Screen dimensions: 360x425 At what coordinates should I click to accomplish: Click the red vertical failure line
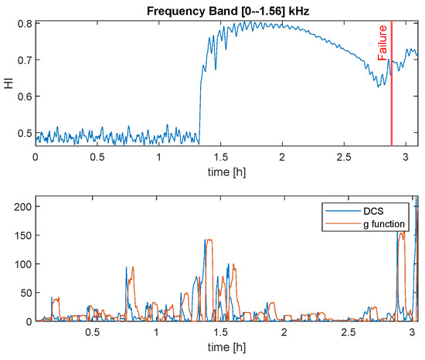[x=392, y=93]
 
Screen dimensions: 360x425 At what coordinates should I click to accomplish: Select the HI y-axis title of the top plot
[x=7, y=82]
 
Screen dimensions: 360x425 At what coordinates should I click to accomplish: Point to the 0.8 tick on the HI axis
[x=23, y=23]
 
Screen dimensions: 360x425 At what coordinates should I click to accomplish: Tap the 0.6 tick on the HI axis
[x=23, y=97]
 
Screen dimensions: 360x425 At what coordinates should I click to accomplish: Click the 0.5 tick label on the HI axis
[x=23, y=133]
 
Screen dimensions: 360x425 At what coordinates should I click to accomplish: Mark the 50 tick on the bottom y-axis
[x=23, y=293]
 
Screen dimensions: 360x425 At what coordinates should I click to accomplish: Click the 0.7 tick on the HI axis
[x=23, y=59]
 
